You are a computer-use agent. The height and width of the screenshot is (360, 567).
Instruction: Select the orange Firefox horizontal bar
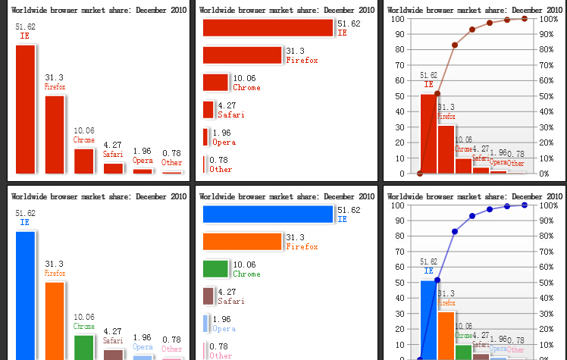(242, 241)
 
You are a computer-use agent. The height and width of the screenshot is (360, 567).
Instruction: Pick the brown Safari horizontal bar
(208, 296)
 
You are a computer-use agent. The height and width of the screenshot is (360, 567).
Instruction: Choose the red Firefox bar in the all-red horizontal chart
(242, 55)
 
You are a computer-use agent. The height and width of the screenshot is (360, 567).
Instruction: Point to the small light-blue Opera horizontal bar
(205, 324)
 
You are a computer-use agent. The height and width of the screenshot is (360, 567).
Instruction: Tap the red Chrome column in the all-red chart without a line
(83, 161)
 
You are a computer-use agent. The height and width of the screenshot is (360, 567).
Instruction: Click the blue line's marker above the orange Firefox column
(455, 231)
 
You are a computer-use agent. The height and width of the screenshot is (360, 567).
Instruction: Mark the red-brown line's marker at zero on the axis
(420, 174)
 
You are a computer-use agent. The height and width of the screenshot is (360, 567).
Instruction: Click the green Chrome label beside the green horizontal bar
(246, 274)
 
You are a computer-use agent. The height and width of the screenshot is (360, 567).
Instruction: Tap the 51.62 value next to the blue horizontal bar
(349, 210)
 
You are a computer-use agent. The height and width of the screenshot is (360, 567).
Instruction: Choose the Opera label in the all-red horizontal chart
(224, 142)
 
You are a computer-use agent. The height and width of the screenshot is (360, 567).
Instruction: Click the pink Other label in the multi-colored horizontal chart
(221, 355)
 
